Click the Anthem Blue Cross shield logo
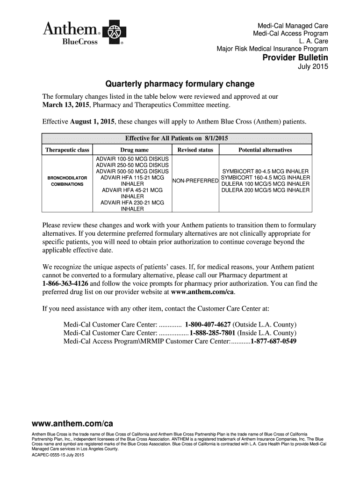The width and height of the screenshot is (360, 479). pos(113,33)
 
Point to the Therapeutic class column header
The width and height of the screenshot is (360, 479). pos(67,150)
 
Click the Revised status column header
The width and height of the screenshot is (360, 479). pos(195,150)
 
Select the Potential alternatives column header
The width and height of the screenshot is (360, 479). pos(265,150)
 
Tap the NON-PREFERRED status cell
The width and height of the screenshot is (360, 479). pos(195,181)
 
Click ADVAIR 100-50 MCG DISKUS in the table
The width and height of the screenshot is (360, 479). pos(132,159)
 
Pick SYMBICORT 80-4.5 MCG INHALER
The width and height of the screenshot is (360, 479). pos(265,171)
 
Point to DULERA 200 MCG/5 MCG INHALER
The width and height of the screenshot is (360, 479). pos(265,190)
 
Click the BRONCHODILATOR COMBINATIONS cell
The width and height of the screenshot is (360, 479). pos(67,181)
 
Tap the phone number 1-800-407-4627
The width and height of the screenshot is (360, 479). pos(208,325)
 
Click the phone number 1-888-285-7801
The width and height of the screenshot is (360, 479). pos(212,333)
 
